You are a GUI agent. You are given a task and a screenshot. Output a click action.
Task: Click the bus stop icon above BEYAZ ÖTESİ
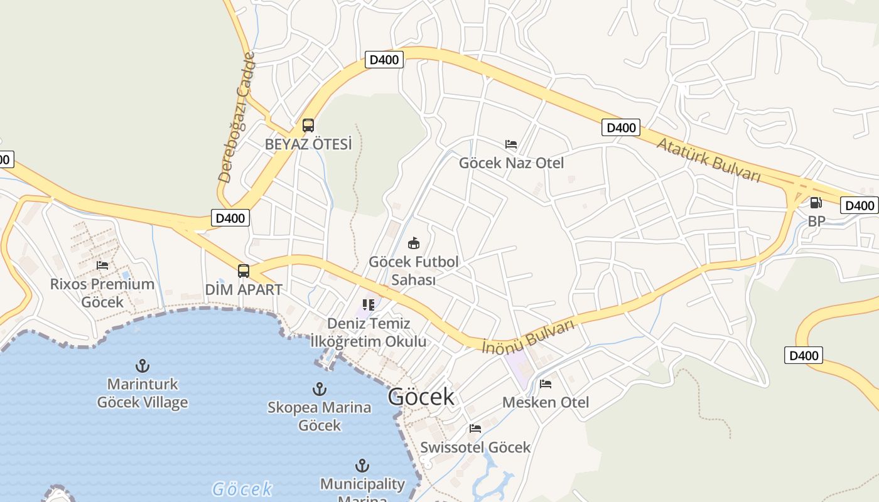pos(308,125)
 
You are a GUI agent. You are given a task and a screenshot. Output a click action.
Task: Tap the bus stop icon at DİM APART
pos(244,271)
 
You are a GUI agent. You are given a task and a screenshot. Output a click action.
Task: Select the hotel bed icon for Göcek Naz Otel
pos(511,144)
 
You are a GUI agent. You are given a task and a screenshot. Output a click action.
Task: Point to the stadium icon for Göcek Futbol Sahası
pos(413,243)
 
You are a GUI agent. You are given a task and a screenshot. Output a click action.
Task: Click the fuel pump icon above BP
pos(816,202)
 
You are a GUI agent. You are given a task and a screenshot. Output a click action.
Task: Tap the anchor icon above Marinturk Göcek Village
pos(143,365)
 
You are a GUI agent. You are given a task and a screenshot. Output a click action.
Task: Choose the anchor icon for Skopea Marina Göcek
pos(320,389)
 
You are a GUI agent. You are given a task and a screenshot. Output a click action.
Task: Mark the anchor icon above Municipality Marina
pos(362,466)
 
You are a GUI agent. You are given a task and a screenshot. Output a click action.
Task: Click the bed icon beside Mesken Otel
pos(546,383)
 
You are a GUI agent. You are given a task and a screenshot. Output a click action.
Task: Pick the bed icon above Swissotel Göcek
pos(475,429)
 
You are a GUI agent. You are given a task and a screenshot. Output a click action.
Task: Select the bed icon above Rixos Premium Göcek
pos(102,265)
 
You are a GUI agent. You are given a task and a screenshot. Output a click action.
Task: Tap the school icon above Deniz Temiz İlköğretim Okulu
pos(369,305)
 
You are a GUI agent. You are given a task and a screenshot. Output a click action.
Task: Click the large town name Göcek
pos(421,397)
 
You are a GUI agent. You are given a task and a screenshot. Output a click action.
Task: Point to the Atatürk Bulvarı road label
pos(709,159)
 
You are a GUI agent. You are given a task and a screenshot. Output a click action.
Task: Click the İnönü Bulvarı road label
pos(529,337)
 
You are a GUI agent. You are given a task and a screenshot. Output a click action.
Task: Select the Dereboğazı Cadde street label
pos(237,117)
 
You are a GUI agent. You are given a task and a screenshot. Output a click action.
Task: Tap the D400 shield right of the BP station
pos(860,205)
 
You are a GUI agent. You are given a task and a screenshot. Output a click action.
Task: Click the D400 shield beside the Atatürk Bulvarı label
pos(621,127)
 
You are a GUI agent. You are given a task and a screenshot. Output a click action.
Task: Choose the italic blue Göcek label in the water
pos(242,489)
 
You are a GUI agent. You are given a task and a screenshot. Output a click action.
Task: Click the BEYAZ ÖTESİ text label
pos(308,144)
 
